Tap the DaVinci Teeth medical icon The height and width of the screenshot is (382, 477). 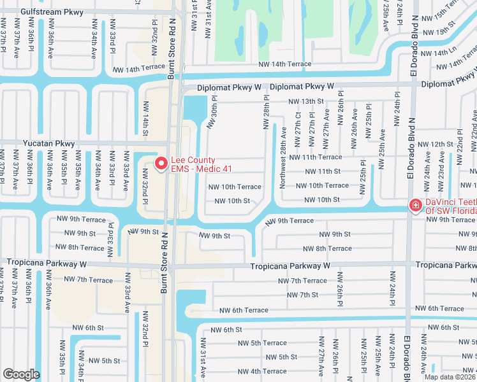[x=415, y=205]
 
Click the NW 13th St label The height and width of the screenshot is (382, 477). [x=306, y=101]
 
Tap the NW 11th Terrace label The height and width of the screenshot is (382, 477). [x=315, y=157]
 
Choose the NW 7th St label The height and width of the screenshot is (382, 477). [x=302, y=295]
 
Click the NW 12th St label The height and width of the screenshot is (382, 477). [x=441, y=145]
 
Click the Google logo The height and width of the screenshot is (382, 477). [x=21, y=374]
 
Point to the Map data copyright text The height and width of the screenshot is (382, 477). [x=450, y=377]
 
